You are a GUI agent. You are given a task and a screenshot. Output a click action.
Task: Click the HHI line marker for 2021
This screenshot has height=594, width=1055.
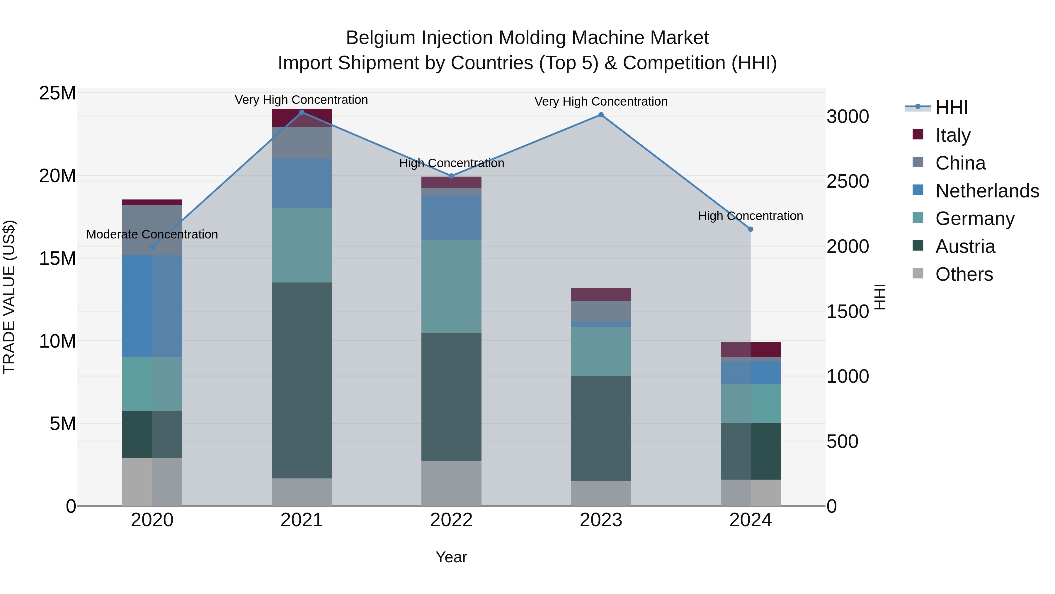[302, 112]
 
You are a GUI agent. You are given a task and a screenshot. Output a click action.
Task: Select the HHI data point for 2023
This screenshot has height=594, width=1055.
[601, 115]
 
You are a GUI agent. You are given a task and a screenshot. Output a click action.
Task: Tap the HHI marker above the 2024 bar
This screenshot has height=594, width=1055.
[751, 229]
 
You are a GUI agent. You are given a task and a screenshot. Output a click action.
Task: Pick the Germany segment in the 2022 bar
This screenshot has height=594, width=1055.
[451, 286]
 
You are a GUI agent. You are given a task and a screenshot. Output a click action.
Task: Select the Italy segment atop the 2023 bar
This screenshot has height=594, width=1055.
[601, 294]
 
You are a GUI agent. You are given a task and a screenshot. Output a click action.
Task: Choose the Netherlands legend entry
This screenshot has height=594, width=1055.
[987, 191]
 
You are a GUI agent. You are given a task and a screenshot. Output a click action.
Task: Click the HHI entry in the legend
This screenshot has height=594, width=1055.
[951, 107]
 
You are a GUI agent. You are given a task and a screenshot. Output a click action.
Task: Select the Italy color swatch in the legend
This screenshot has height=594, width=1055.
[918, 134]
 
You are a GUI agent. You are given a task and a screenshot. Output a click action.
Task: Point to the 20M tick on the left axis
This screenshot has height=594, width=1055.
[57, 176]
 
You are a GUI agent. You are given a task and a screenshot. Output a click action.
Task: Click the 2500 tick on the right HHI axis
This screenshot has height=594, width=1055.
[847, 181]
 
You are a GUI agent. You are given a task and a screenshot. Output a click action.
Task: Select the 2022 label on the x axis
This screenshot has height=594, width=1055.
[451, 520]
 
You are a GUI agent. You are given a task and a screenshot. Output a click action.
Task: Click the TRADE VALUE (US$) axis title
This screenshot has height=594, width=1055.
[9, 297]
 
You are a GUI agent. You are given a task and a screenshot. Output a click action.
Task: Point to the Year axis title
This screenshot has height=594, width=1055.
[451, 557]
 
